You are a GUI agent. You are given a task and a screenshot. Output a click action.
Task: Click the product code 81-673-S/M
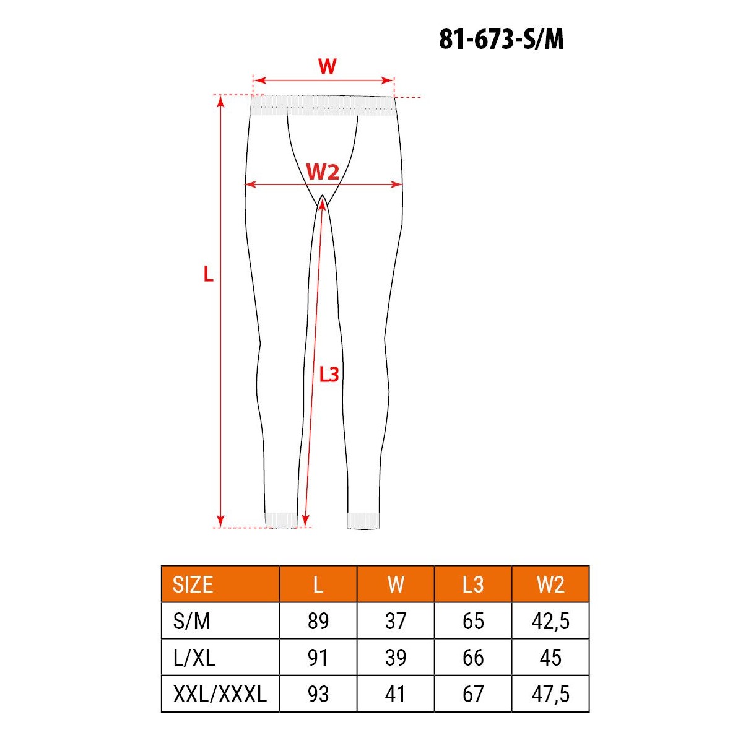tap(501, 40)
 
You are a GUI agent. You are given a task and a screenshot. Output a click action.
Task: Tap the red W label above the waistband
tap(327, 66)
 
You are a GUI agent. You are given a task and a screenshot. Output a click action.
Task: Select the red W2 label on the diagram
tap(323, 172)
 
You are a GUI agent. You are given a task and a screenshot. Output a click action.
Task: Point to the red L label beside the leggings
tap(208, 274)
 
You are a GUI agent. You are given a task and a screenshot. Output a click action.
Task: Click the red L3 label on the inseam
tap(329, 374)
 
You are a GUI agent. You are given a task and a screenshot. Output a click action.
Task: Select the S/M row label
tap(191, 621)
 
